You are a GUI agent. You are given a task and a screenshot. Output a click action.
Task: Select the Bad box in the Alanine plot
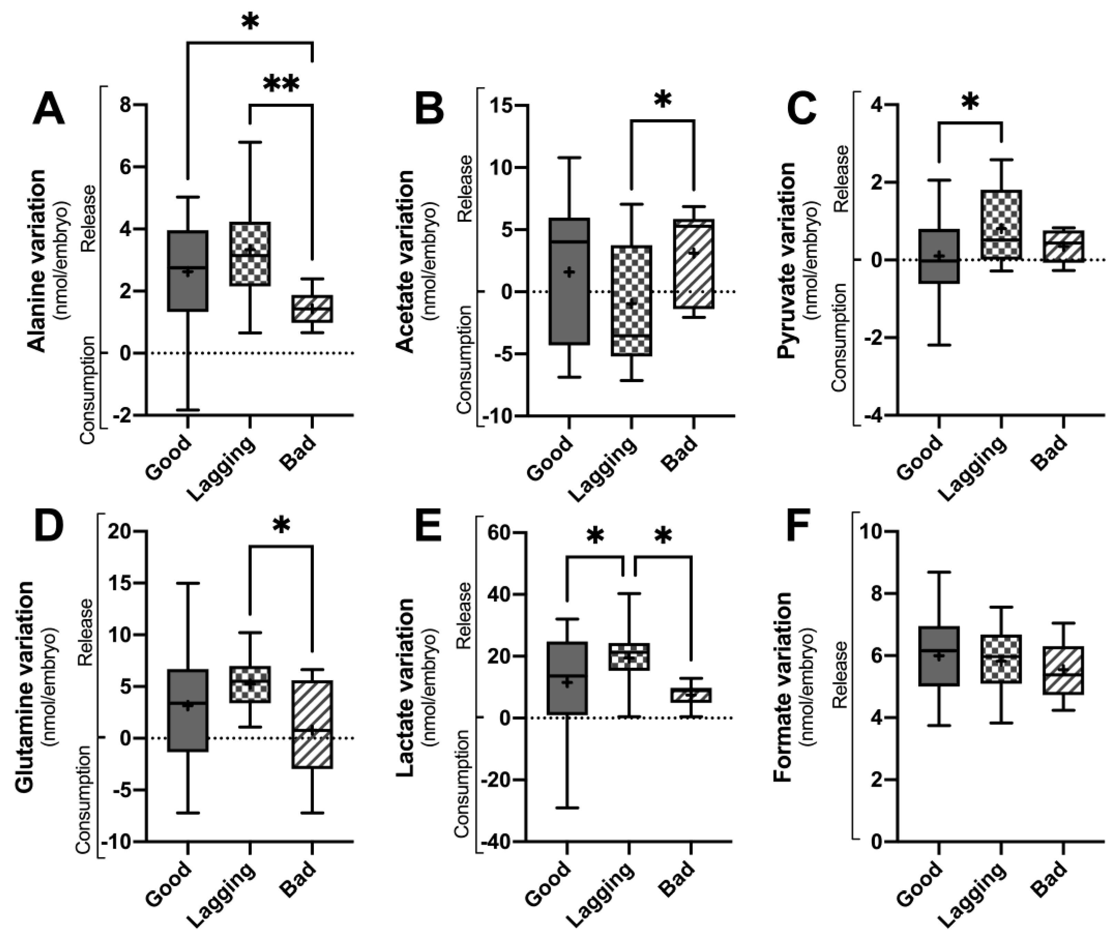click(x=312, y=308)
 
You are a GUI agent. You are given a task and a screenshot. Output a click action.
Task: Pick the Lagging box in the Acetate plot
click(x=631, y=300)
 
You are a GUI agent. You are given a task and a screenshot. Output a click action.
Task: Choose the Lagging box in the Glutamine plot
click(x=250, y=684)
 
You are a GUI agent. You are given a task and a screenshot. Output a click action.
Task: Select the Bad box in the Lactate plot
click(x=691, y=695)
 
